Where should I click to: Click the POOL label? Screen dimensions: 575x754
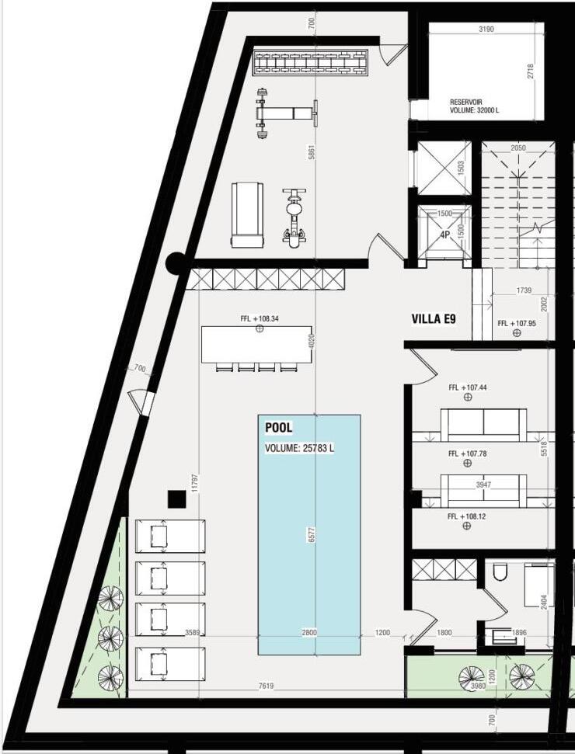279,428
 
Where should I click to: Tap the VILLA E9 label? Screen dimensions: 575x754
434,319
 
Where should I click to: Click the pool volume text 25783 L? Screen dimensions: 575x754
318,448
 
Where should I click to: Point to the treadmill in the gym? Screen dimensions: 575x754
248,214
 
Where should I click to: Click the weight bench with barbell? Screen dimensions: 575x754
287,113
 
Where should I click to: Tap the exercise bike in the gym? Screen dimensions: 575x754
294,217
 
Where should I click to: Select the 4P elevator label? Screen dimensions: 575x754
444,235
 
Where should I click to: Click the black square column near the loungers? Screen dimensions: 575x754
176,499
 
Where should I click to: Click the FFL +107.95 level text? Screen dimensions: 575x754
517,323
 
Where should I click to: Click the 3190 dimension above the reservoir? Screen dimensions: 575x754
486,29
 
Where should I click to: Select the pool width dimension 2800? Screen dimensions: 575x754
309,632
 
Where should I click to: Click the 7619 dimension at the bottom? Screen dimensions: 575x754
266,686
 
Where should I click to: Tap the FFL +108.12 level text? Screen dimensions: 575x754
466,516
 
